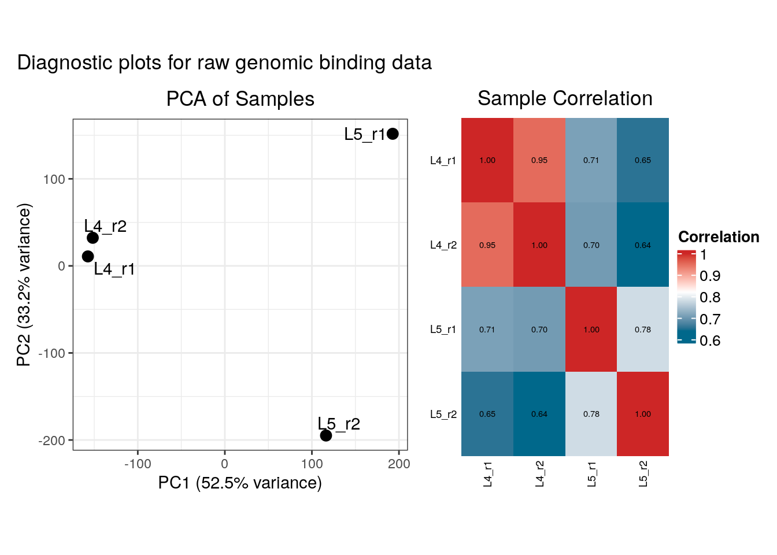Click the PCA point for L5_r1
click(393, 134)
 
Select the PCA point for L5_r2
click(326, 435)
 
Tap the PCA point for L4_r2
click(92, 238)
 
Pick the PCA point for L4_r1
click(88, 256)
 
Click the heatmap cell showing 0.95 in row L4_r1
click(539, 160)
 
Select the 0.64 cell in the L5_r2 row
click(539, 414)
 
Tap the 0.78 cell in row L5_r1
click(642, 330)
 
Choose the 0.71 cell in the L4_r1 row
click(591, 160)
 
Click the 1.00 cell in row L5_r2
click(642, 414)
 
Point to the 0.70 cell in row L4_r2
click(591, 245)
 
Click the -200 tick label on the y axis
click(52, 441)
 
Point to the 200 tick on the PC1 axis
click(399, 464)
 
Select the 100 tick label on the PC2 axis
click(54, 179)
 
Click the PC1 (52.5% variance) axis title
click(240, 483)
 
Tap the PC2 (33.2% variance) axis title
click(24, 284)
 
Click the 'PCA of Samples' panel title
click(240, 99)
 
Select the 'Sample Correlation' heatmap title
click(565, 98)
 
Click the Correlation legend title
click(718, 237)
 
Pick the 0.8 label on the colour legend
click(710, 298)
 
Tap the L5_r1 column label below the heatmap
click(591, 474)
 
